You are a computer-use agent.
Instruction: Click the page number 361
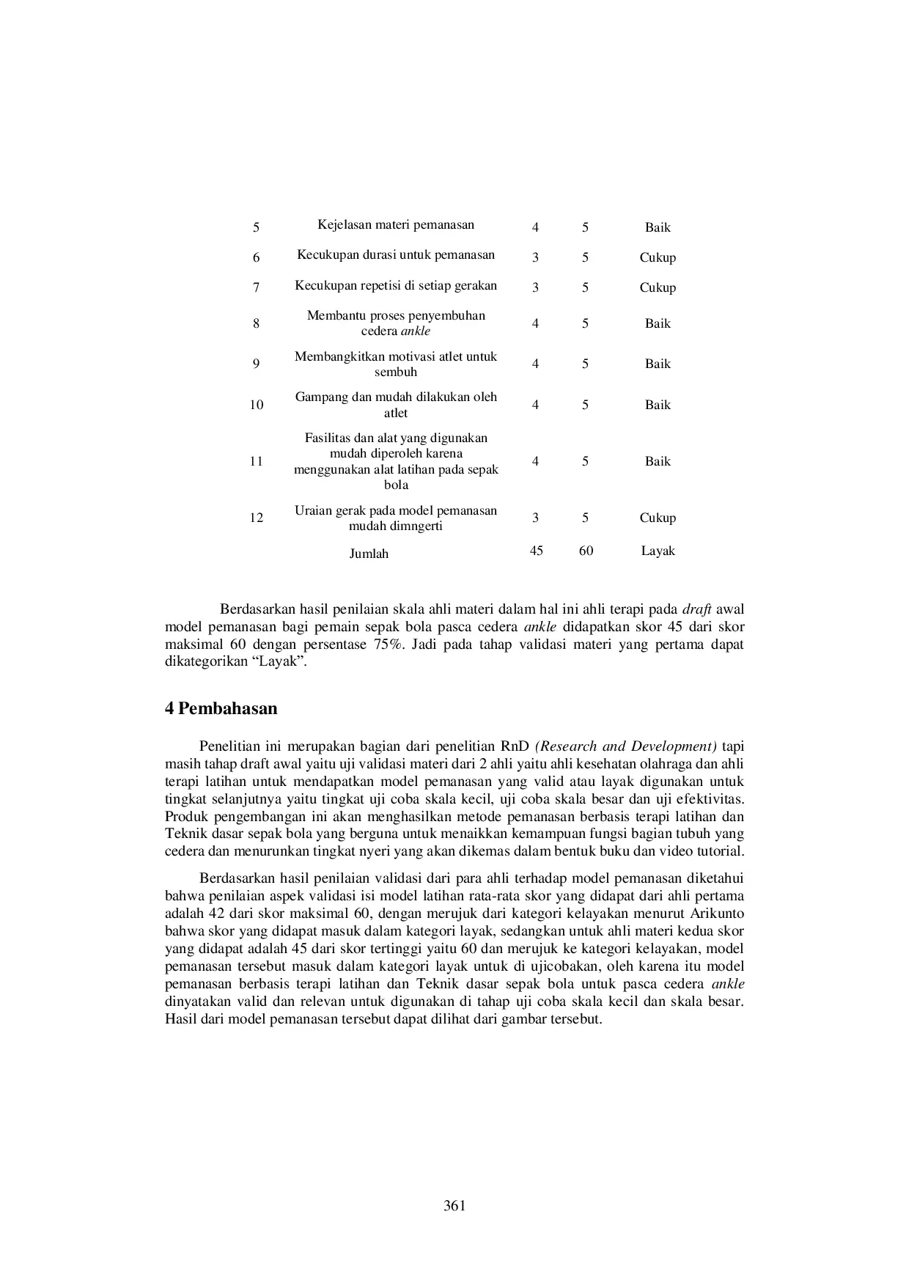point(454,1206)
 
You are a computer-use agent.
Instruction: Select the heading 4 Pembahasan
point(221,709)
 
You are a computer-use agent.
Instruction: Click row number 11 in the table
point(256,462)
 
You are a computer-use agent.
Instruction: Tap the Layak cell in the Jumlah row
point(658,551)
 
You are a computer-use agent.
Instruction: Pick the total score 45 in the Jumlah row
point(536,551)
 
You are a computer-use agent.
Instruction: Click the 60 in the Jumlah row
point(586,551)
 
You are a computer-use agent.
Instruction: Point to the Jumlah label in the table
point(369,554)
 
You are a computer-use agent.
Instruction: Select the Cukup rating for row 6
point(658,258)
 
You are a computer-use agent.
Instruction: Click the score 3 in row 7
point(535,288)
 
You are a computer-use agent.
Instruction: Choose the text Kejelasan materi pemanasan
point(396,225)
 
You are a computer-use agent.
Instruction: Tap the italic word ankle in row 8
point(416,331)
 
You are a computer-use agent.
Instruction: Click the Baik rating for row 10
point(658,405)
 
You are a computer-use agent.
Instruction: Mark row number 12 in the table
point(256,518)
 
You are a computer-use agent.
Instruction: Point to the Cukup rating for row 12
point(658,518)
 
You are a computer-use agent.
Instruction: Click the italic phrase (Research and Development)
point(626,747)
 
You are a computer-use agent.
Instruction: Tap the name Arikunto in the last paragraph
point(718,914)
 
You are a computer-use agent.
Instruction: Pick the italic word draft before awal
point(696,610)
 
